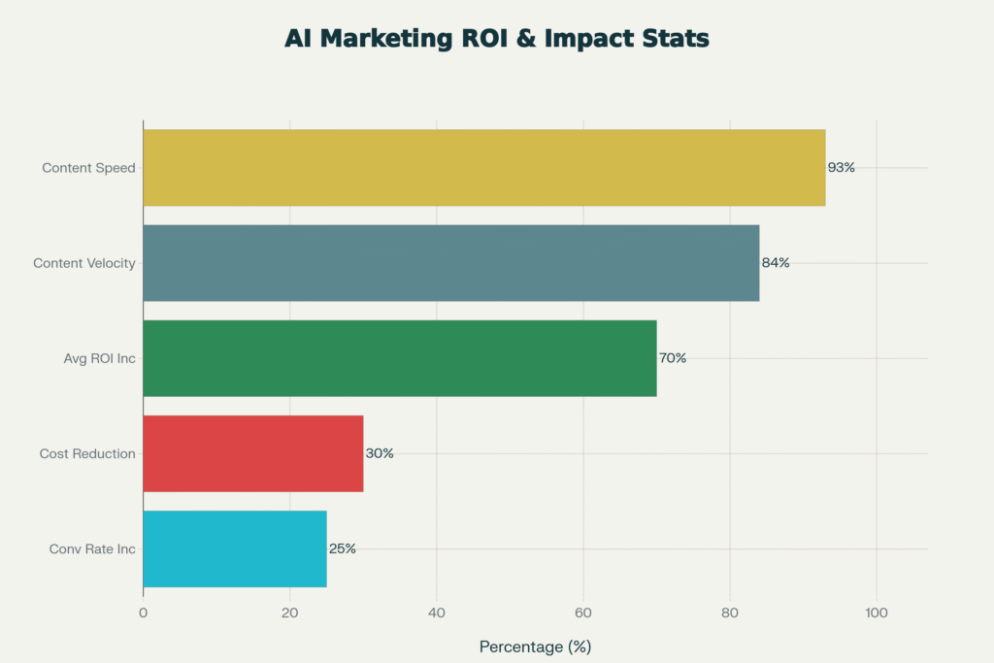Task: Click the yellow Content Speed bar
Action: coord(483,168)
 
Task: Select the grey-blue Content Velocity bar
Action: coord(450,263)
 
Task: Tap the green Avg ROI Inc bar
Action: coord(399,358)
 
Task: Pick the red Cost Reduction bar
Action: coord(252,453)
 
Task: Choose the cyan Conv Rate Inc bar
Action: coord(234,548)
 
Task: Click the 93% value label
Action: coord(841,168)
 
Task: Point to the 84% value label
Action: coord(775,263)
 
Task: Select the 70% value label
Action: coord(672,358)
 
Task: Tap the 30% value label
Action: coord(380,453)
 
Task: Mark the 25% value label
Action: coord(343,548)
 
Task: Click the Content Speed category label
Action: coord(88,168)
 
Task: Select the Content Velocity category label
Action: coord(83,263)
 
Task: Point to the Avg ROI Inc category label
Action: coord(99,358)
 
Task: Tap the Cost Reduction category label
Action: coord(87,453)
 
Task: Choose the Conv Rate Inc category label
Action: coord(92,549)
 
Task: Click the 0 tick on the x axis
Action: coord(144,613)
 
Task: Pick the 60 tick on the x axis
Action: coord(583,613)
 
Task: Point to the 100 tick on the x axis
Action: coord(877,613)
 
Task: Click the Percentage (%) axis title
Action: coord(535,646)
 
